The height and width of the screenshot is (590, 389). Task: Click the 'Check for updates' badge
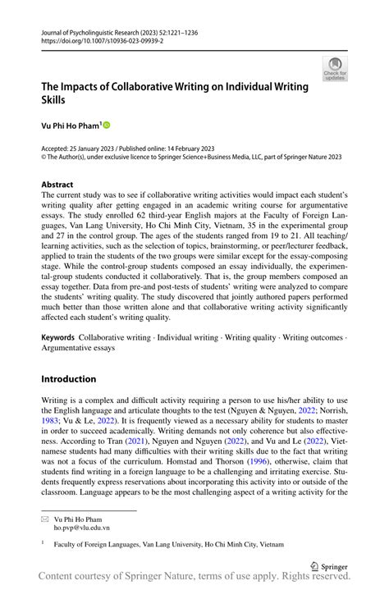334,69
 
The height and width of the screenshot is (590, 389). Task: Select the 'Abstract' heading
57,185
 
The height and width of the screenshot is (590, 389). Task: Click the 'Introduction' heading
69,379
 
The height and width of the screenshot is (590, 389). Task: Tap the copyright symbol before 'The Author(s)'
44,157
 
